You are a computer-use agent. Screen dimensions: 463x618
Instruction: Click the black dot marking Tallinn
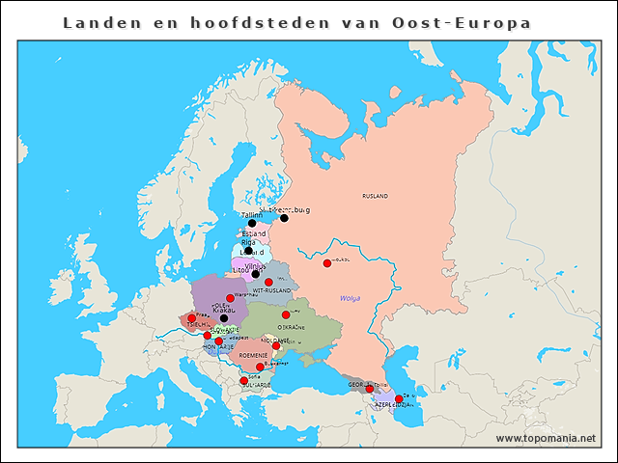pos(252,224)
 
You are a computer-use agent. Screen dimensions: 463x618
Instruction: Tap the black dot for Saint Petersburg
pos(284,218)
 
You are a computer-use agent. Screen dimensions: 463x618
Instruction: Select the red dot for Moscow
pos(326,262)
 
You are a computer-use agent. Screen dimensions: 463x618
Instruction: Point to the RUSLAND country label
pos(375,196)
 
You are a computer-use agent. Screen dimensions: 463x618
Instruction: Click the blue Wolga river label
pos(349,298)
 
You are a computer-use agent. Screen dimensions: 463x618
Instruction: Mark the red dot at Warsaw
pos(230,298)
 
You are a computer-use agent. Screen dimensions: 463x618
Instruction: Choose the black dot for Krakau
pos(224,317)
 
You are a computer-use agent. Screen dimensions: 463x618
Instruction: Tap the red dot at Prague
pos(191,318)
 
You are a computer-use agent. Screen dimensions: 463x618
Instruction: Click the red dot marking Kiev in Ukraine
pos(286,314)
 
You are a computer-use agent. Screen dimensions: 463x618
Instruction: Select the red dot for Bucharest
pos(260,367)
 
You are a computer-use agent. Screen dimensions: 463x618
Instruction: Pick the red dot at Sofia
pos(243,380)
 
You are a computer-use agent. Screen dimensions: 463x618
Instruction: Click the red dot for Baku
pos(399,398)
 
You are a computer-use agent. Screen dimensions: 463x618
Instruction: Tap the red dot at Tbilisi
pos(369,389)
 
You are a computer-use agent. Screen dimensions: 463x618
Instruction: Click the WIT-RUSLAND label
pos(270,289)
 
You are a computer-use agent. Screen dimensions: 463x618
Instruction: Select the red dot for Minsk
pos(268,282)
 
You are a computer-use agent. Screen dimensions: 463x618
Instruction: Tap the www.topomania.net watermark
pos(545,438)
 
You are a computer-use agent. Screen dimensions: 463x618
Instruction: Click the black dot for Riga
pos(248,251)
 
